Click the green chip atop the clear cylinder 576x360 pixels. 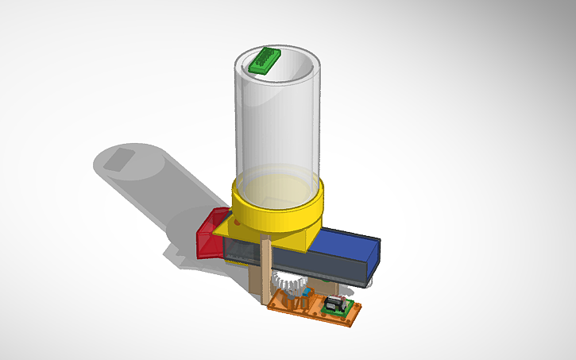pos(261,60)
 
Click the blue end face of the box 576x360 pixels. pos(374,256)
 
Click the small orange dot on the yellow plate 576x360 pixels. pos(238,224)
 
